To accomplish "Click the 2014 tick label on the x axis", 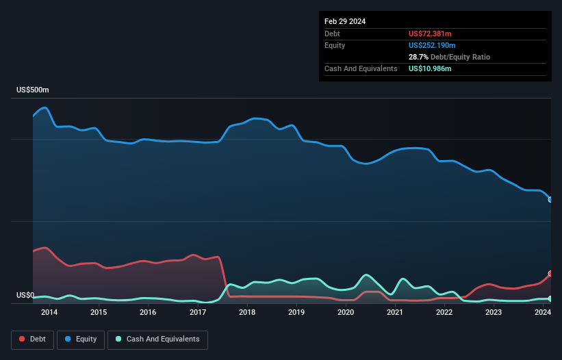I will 49,313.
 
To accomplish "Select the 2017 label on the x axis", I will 198,313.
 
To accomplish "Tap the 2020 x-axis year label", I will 346,313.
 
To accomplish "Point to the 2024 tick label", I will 543,313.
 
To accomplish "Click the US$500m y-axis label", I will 33,90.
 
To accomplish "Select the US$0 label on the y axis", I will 25,296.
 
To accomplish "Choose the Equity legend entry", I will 80,339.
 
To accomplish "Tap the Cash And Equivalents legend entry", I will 157,339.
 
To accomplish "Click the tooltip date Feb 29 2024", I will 345,21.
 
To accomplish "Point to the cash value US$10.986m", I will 430,68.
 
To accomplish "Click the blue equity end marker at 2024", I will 550,200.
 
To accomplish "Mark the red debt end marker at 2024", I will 550,274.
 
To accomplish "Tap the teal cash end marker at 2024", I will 550,299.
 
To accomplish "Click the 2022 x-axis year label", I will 444,313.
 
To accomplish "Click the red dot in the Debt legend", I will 22,339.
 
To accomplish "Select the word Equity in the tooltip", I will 335,45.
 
